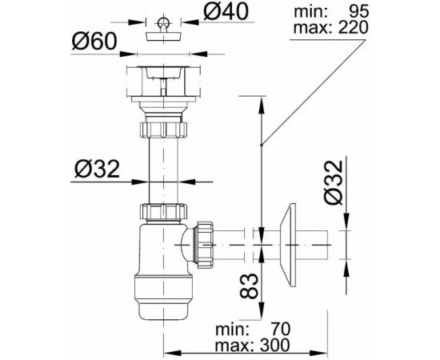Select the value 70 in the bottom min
[x=278, y=328]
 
